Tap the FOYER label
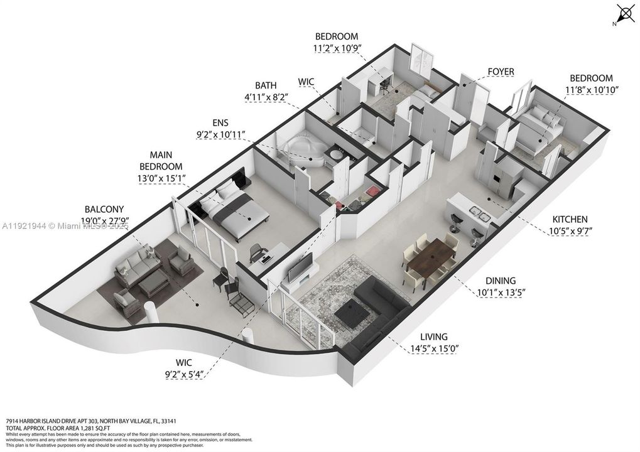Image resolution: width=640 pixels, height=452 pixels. [x=501, y=72]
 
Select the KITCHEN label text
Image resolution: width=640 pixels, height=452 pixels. [x=570, y=219]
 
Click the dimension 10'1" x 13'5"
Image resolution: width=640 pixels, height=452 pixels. [x=501, y=291]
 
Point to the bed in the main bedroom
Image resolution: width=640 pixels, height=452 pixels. [x=236, y=210]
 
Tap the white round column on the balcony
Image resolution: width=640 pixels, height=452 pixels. [x=150, y=313]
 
